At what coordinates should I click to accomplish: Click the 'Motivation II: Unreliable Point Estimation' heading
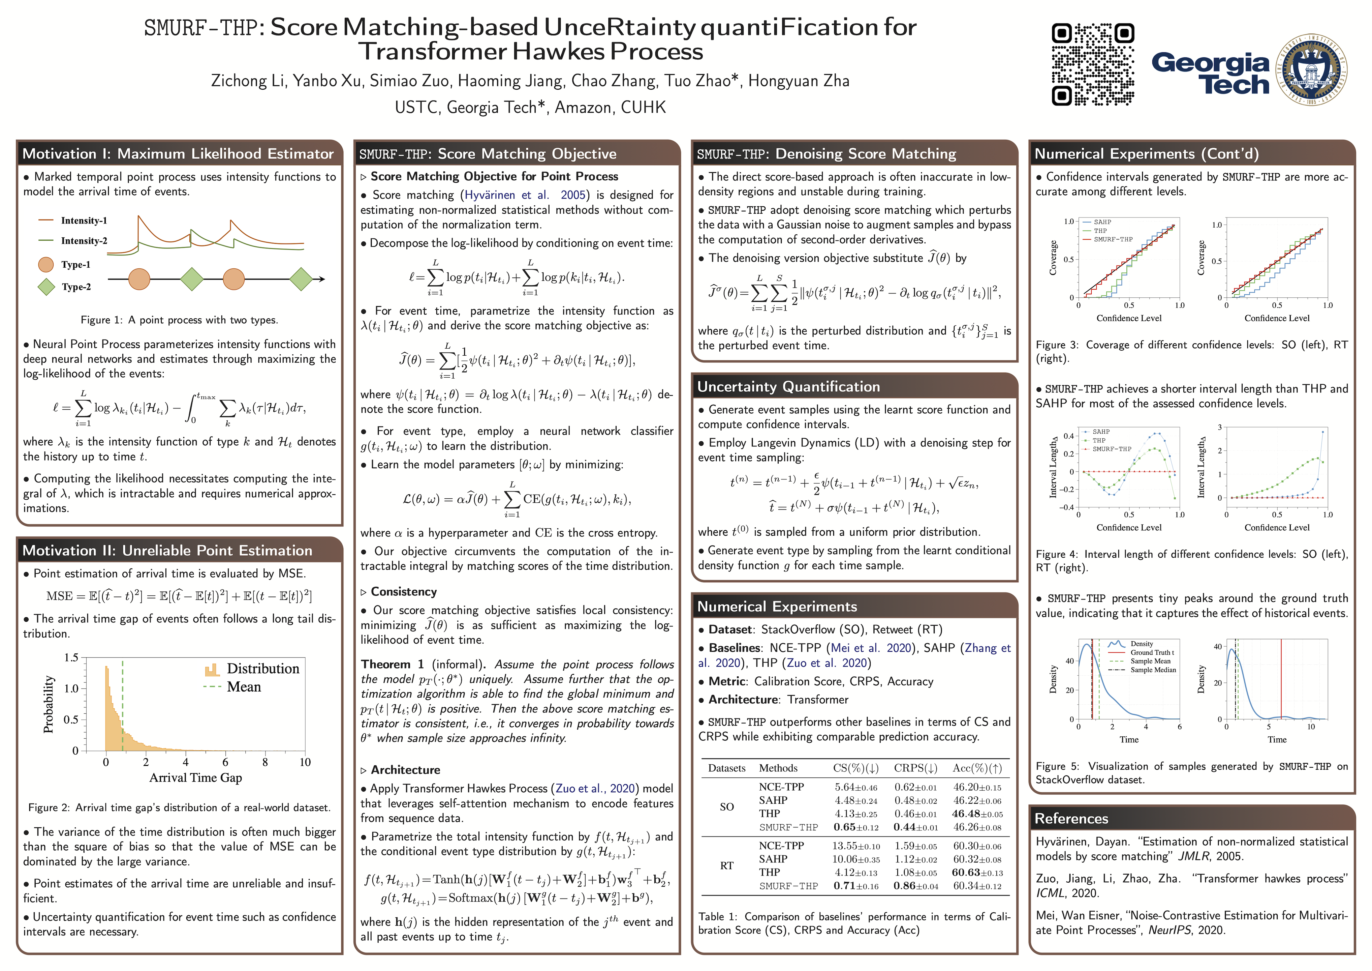(x=167, y=550)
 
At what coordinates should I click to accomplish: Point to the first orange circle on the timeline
(x=139, y=279)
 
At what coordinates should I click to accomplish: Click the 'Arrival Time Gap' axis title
(x=195, y=778)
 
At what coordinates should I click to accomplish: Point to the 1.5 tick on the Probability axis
(x=71, y=658)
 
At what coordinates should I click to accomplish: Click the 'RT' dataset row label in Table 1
(x=727, y=866)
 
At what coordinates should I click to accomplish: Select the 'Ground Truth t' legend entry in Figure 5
(x=1152, y=653)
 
